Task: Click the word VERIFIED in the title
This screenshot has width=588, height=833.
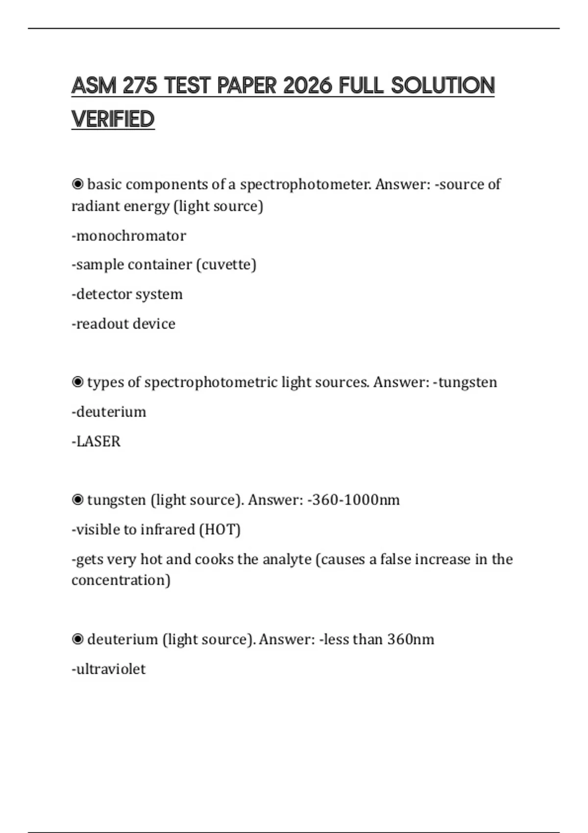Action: point(113,119)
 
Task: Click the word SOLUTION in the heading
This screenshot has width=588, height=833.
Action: point(442,86)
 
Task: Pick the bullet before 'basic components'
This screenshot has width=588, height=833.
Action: point(77,184)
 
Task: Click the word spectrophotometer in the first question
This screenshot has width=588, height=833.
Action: point(305,184)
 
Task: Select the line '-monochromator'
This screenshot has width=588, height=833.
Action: point(129,236)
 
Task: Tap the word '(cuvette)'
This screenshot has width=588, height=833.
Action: point(226,265)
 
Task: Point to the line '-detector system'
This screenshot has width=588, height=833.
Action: point(127,294)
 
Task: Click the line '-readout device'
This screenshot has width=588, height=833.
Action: point(123,324)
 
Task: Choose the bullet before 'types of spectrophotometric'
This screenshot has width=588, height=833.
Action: point(77,382)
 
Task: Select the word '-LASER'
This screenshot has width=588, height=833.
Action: point(96,441)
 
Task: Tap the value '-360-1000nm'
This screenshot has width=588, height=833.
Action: point(353,500)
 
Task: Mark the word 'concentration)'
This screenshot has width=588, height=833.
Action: point(121,580)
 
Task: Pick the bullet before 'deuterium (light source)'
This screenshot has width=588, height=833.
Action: point(77,639)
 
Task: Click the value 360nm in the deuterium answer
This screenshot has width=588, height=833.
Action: point(411,639)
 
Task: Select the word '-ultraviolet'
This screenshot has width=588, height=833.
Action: point(109,669)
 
